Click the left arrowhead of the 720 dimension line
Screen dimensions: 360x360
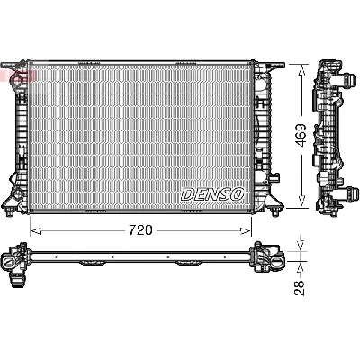click(x=34, y=230)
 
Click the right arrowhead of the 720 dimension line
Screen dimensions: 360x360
click(x=254, y=230)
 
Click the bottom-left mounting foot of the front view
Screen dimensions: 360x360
click(x=17, y=197)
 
